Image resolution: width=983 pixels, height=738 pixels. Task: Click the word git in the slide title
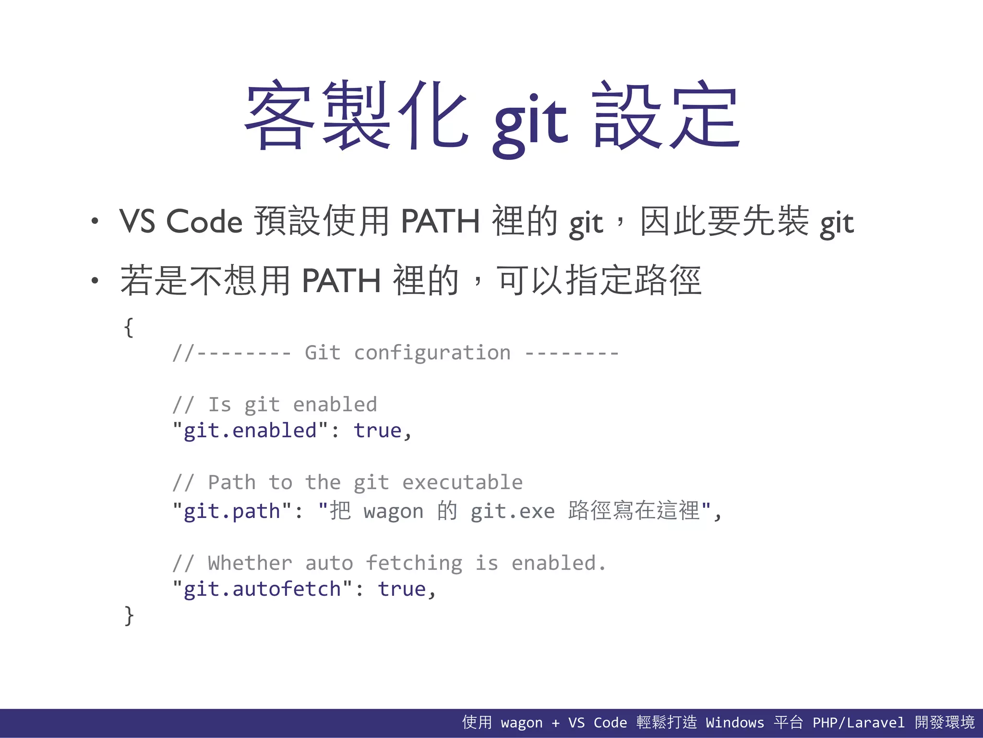530,120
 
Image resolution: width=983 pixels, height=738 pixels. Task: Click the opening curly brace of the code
128,328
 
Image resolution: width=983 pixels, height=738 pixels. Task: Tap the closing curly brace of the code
129,615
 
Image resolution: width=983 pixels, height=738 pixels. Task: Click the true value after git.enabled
377,430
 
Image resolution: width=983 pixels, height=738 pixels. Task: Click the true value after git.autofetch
402,589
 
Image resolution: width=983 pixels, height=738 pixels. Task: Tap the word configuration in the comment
432,353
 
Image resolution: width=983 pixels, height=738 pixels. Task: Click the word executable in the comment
462,482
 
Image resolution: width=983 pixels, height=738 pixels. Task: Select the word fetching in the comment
414,563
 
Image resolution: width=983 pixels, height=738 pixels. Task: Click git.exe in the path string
513,511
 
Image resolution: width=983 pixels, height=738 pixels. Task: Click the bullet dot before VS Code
95,221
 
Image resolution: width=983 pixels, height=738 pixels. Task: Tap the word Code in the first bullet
204,221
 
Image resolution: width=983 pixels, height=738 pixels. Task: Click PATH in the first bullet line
440,221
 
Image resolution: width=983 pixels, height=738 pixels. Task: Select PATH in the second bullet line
341,281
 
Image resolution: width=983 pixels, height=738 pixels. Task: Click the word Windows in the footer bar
735,723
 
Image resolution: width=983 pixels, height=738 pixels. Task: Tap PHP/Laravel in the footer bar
858,723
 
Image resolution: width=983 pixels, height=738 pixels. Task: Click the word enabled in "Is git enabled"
335,405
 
